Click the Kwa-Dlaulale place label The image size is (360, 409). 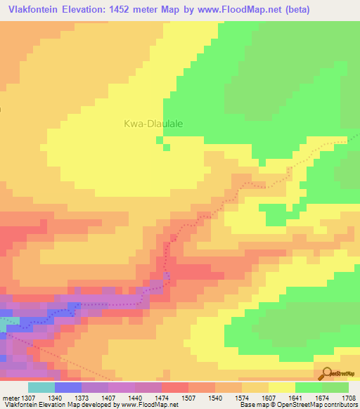pos(153,123)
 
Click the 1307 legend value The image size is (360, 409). pos(29,397)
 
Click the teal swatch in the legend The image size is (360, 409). pos(41,387)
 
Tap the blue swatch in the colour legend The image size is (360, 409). pos(68,387)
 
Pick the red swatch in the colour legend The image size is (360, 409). pos(175,387)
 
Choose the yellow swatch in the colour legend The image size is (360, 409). pos(281,387)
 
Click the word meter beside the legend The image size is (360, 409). pos(9,397)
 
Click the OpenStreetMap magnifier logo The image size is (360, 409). pos(325,373)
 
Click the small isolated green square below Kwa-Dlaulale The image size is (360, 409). pos(167,148)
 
